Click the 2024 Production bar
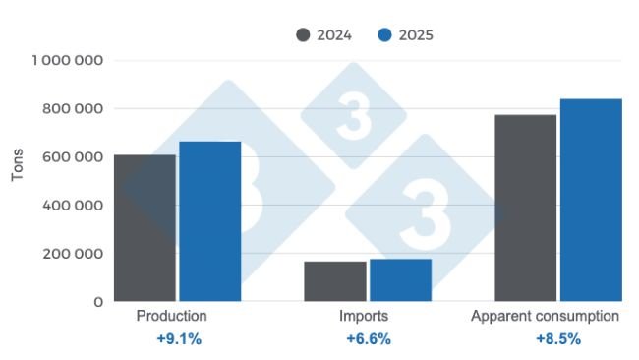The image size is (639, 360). (145, 227)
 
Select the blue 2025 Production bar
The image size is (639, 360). (209, 221)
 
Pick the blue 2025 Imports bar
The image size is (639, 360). (400, 279)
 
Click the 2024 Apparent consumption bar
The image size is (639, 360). (525, 208)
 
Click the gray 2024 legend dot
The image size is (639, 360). (303, 35)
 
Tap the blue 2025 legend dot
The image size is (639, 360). (385, 35)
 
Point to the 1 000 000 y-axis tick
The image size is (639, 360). (69, 61)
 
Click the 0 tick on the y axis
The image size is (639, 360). (98, 302)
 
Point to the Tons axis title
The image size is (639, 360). (17, 169)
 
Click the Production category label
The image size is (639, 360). (171, 317)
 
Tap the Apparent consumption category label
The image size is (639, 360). (545, 317)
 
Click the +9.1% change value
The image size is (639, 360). (178, 339)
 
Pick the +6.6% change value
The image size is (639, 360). (368, 339)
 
